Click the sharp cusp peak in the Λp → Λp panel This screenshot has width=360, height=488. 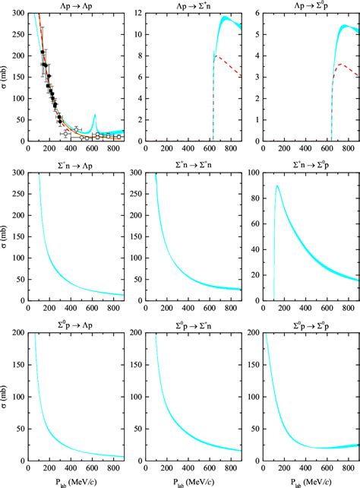94,115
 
